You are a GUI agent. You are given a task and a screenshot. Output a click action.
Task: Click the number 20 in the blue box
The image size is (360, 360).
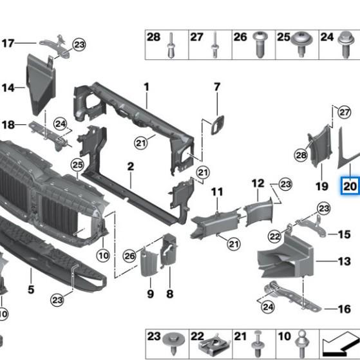click(350, 186)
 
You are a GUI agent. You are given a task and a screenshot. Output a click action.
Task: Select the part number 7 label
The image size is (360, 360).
click(217, 87)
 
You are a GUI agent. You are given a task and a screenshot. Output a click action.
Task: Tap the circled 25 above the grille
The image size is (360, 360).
click(77, 165)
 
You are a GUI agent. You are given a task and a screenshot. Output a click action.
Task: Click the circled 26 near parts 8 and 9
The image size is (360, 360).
click(129, 256)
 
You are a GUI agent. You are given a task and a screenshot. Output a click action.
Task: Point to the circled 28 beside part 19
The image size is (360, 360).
click(301, 155)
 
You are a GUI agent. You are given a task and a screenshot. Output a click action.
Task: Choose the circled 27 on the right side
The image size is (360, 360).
click(345, 112)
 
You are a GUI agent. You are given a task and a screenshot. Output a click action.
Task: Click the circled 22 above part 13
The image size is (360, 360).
click(275, 236)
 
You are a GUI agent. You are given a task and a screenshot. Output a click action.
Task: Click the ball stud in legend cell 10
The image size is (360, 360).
click(303, 344)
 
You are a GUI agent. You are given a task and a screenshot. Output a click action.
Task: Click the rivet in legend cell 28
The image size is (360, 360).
click(171, 45)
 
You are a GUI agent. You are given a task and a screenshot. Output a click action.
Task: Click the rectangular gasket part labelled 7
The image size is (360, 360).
click(217, 125)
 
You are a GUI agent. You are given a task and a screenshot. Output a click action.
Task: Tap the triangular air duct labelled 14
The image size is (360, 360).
click(41, 85)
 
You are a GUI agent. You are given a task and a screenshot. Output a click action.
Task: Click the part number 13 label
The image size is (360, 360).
click(344, 261)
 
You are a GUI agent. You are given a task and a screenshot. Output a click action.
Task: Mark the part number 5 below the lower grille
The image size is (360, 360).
click(31, 289)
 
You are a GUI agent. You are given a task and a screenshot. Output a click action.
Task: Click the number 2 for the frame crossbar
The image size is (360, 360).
click(130, 166)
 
